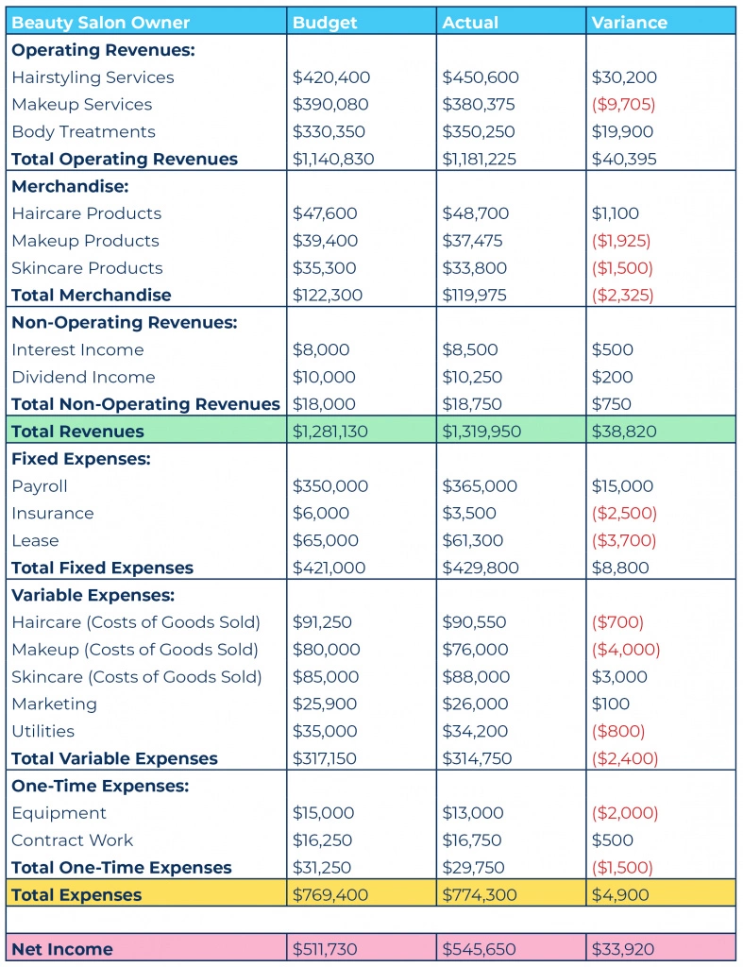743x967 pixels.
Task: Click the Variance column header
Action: [x=629, y=23]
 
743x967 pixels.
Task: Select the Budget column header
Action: [x=325, y=23]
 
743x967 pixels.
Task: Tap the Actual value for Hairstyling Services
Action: [x=481, y=77]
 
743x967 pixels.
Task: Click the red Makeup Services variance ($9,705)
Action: [x=623, y=105]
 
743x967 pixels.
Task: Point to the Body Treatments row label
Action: [x=83, y=132]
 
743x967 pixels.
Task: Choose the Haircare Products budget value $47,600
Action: [x=325, y=213]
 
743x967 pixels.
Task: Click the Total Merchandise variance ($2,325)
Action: [x=622, y=296]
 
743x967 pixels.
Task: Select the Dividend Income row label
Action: [x=83, y=377]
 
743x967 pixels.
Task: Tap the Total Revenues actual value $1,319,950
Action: [x=481, y=432]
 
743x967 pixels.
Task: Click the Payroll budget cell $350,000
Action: [x=329, y=486]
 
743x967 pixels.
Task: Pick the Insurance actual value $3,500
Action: [x=468, y=513]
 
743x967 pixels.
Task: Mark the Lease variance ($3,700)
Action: [x=623, y=541]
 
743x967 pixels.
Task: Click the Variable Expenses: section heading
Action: [x=93, y=595]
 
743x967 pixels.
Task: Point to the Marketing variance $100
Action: [x=611, y=704]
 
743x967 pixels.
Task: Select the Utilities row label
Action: [x=43, y=732]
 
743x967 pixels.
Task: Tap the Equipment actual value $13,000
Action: [x=473, y=813]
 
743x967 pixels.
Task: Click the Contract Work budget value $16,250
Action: [x=322, y=840]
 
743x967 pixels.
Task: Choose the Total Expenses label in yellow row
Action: [x=76, y=895]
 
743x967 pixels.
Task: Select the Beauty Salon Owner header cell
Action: [x=100, y=23]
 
